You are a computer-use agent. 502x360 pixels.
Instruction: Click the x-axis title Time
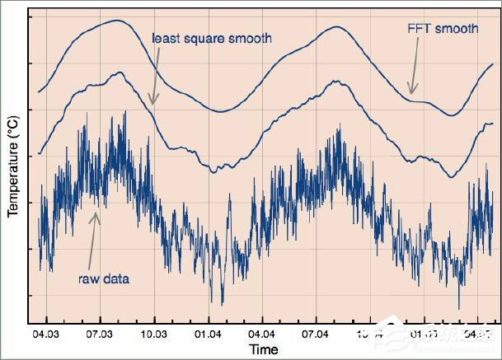264,349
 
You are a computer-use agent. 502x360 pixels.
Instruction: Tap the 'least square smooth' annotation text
212,38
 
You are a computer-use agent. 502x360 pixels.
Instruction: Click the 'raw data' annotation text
104,278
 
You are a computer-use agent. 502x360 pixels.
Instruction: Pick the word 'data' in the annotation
116,278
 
